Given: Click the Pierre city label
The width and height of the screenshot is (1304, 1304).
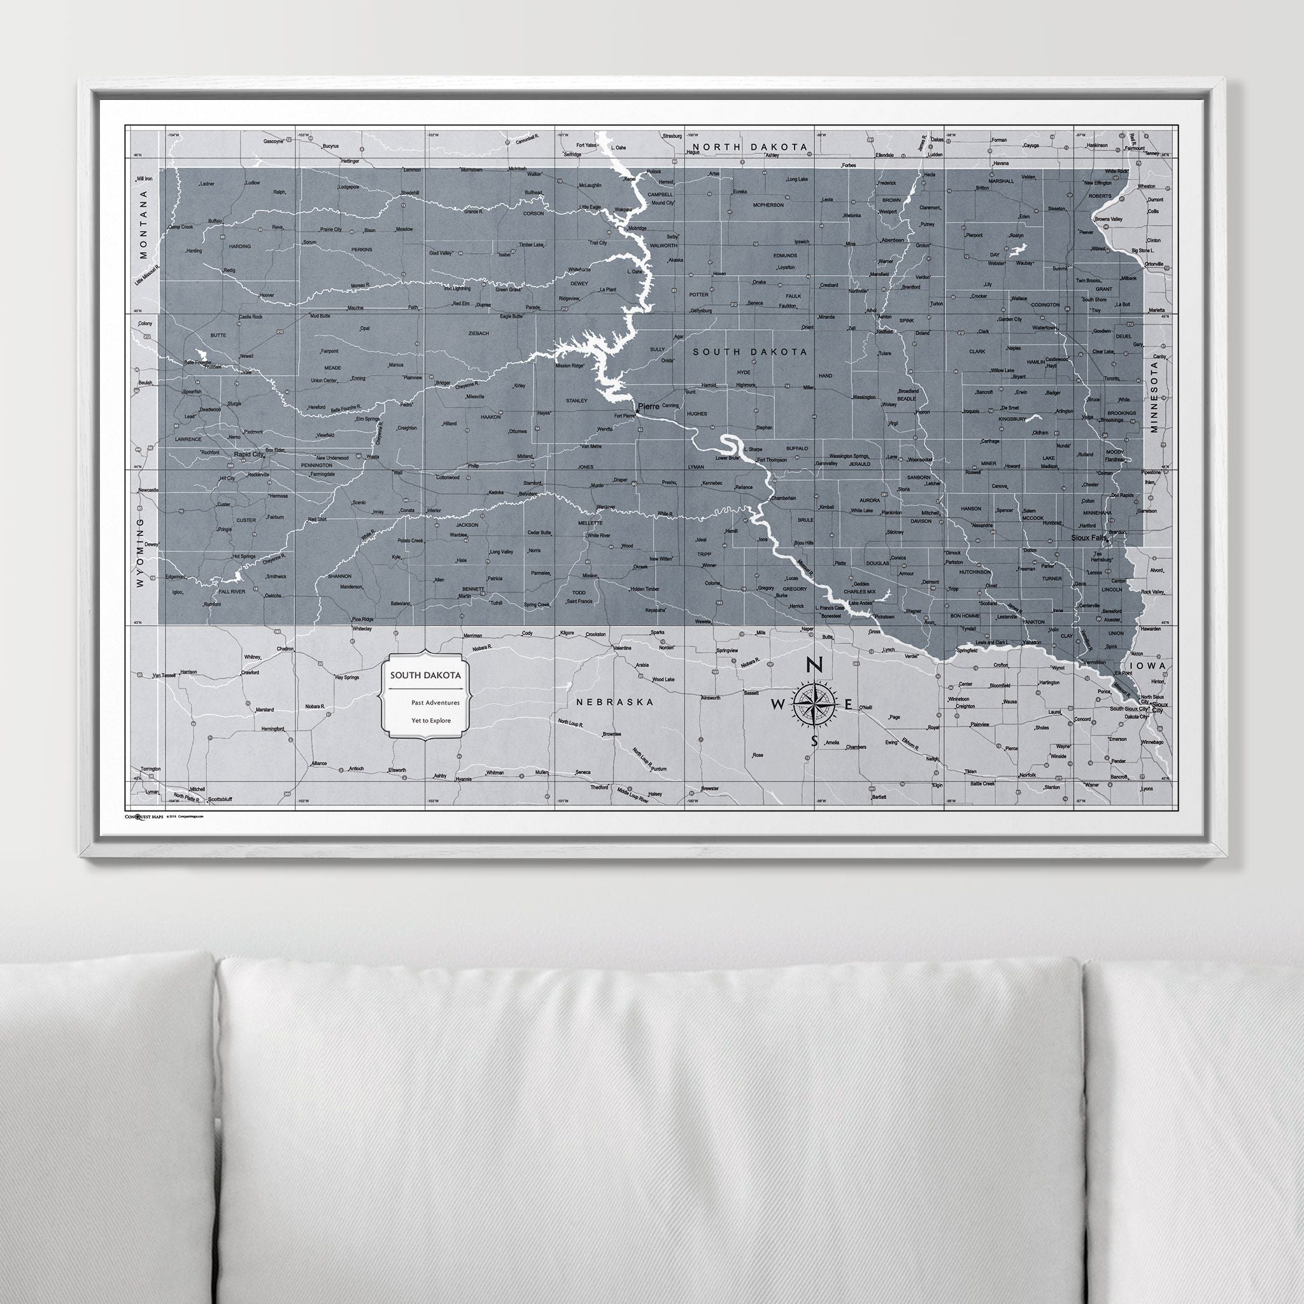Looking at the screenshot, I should tap(648, 406).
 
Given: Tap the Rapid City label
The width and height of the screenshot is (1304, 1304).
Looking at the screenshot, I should tap(248, 455).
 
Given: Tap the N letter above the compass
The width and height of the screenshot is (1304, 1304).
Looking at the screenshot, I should tap(814, 665).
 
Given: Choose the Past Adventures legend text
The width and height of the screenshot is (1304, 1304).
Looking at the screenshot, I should tap(435, 703).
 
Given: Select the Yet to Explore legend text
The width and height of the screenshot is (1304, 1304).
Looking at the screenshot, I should tap(430, 720).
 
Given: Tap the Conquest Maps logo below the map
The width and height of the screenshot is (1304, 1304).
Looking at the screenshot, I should tap(144, 816).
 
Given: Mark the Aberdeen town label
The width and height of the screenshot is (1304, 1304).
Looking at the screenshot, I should tap(891, 240).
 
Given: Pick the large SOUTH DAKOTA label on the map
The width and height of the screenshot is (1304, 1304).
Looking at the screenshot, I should tap(750, 351).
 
